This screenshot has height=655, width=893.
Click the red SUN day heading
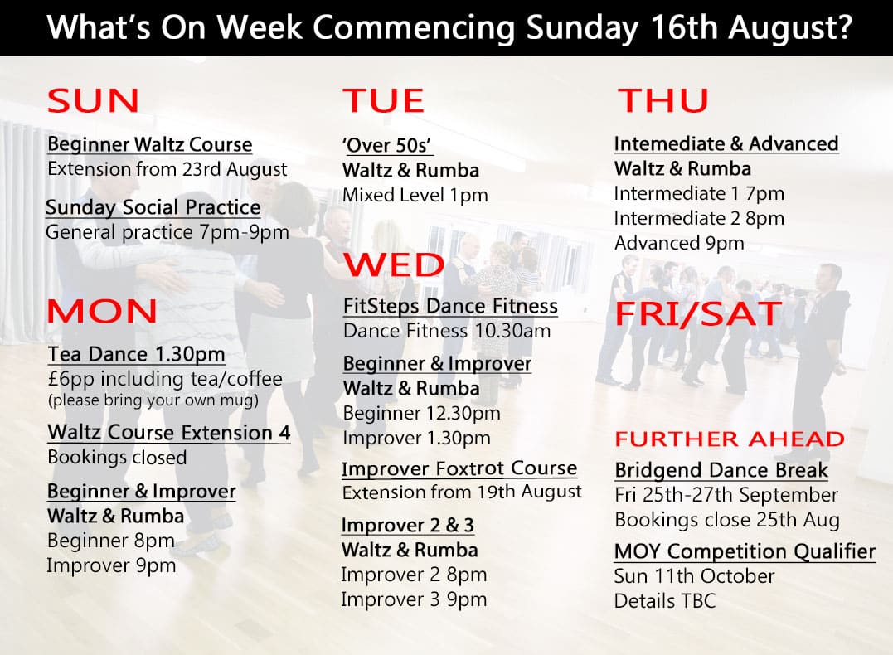tap(93, 101)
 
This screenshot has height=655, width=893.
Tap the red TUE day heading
tap(383, 101)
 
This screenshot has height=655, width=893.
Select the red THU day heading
tap(663, 101)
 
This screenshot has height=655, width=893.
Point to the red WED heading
tap(394, 264)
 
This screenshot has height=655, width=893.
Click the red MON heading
tap(102, 311)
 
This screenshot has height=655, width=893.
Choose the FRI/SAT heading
tap(699, 313)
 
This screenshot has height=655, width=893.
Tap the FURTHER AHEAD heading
tap(730, 439)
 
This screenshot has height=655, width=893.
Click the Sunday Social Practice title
tap(153, 207)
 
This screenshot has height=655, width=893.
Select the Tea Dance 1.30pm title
tap(137, 354)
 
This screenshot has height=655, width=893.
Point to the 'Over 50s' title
tap(387, 145)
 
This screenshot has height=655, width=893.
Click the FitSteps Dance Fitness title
tap(450, 306)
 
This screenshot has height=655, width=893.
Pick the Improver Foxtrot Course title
tap(459, 468)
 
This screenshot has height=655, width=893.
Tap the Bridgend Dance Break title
tap(721, 470)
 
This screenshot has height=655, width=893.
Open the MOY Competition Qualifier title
tap(745, 551)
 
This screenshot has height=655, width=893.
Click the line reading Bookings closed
tap(117, 458)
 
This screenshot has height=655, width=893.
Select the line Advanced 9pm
tap(679, 243)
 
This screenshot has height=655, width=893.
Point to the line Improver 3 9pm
tap(414, 599)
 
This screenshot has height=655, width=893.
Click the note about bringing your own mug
tap(153, 400)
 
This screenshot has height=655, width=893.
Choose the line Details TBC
tap(665, 601)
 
